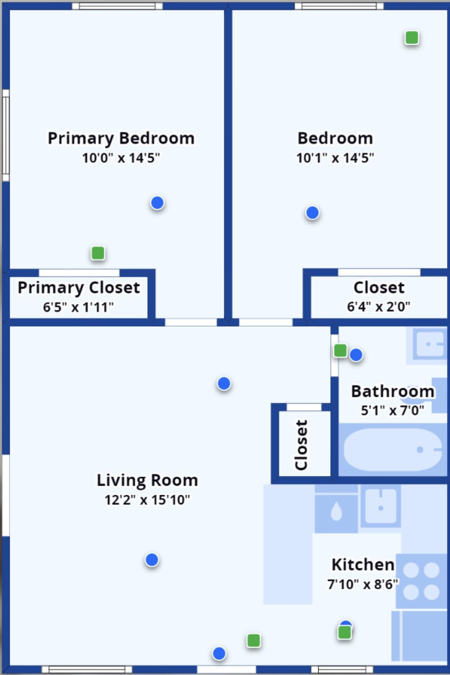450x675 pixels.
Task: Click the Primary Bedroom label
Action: (x=121, y=138)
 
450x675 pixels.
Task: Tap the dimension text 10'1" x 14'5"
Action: (x=335, y=158)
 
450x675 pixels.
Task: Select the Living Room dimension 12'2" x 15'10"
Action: (x=147, y=500)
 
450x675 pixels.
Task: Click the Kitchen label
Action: (x=363, y=565)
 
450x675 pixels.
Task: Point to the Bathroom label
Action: (x=392, y=391)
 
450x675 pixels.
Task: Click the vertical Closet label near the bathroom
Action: (x=301, y=445)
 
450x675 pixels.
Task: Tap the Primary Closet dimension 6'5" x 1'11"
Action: (x=78, y=307)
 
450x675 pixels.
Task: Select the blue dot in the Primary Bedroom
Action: (x=157, y=203)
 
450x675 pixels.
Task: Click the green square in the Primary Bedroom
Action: (x=98, y=253)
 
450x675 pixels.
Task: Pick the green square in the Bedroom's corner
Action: (x=412, y=38)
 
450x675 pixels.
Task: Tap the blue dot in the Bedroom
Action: (x=312, y=213)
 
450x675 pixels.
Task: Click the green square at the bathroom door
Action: (x=340, y=350)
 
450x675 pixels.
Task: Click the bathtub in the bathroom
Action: (x=392, y=450)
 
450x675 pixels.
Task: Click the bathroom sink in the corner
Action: (x=429, y=344)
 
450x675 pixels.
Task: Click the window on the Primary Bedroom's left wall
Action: (x=6, y=135)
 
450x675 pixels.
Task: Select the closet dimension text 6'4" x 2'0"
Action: (x=378, y=307)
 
